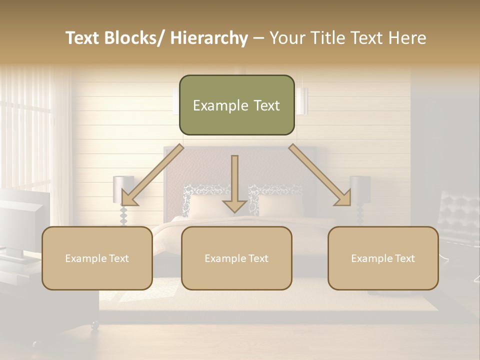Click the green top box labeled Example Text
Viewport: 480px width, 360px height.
pyautogui.click(x=236, y=105)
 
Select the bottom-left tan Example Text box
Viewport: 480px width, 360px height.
pyautogui.click(x=97, y=258)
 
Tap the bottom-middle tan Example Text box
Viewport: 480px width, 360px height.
pyautogui.click(x=236, y=258)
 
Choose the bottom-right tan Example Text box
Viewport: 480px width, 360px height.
pyautogui.click(x=383, y=258)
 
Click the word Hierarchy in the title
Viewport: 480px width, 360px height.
pyautogui.click(x=209, y=38)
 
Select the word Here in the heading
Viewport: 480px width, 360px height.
pyautogui.click(x=407, y=38)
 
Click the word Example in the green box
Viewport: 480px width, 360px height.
pyautogui.click(x=220, y=105)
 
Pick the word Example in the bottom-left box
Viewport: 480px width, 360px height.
pyautogui.click(x=86, y=258)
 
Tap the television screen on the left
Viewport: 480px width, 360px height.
pyautogui.click(x=22, y=220)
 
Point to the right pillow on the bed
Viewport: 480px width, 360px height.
pyautogui.click(x=280, y=205)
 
